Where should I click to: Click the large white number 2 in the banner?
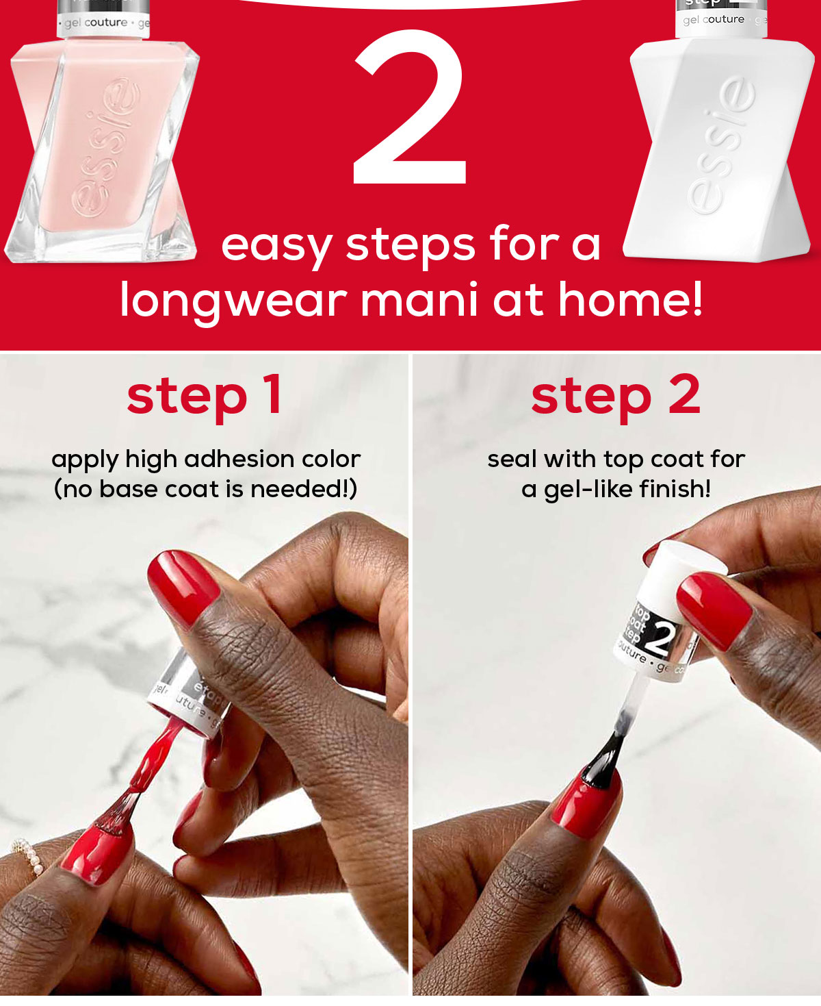[x=410, y=110]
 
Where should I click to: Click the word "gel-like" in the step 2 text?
[x=587, y=490]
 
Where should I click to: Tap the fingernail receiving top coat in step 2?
[x=582, y=801]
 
